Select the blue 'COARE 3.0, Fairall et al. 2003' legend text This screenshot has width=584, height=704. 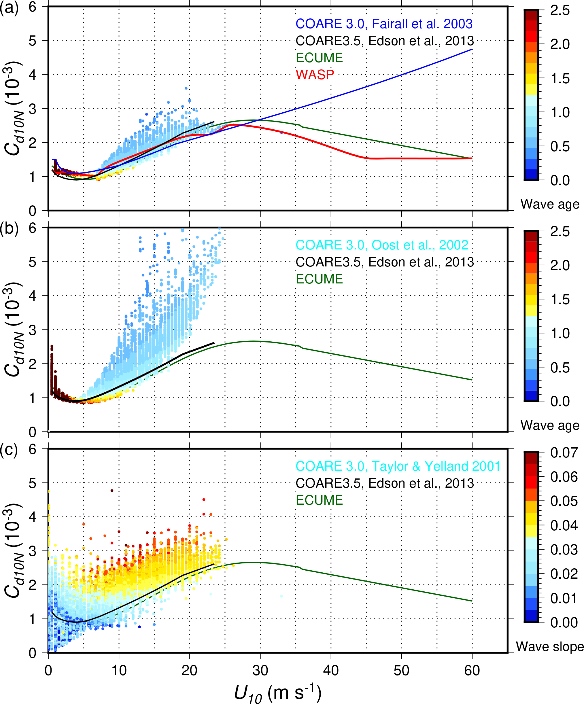click(x=384, y=24)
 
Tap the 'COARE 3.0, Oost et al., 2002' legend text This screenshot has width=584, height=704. click(x=381, y=245)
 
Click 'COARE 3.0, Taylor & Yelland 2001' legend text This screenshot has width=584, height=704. click(x=398, y=466)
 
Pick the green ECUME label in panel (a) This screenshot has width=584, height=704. click(x=319, y=58)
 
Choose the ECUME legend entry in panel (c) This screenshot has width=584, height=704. click(x=319, y=500)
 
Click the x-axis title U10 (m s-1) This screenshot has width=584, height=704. click(x=277, y=692)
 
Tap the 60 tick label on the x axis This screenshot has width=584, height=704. click(x=472, y=670)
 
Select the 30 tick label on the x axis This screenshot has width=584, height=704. click(x=260, y=670)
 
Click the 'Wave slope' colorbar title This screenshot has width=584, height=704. click(x=550, y=646)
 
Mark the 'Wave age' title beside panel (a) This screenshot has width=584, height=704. click(x=550, y=204)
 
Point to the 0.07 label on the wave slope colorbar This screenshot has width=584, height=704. click(x=564, y=453)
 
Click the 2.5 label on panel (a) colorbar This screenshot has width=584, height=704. click(x=560, y=10)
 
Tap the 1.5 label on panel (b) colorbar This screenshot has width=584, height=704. click(x=560, y=299)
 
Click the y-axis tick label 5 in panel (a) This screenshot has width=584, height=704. click(x=33, y=41)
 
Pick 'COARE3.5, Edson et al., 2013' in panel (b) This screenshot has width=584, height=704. click(x=385, y=262)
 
